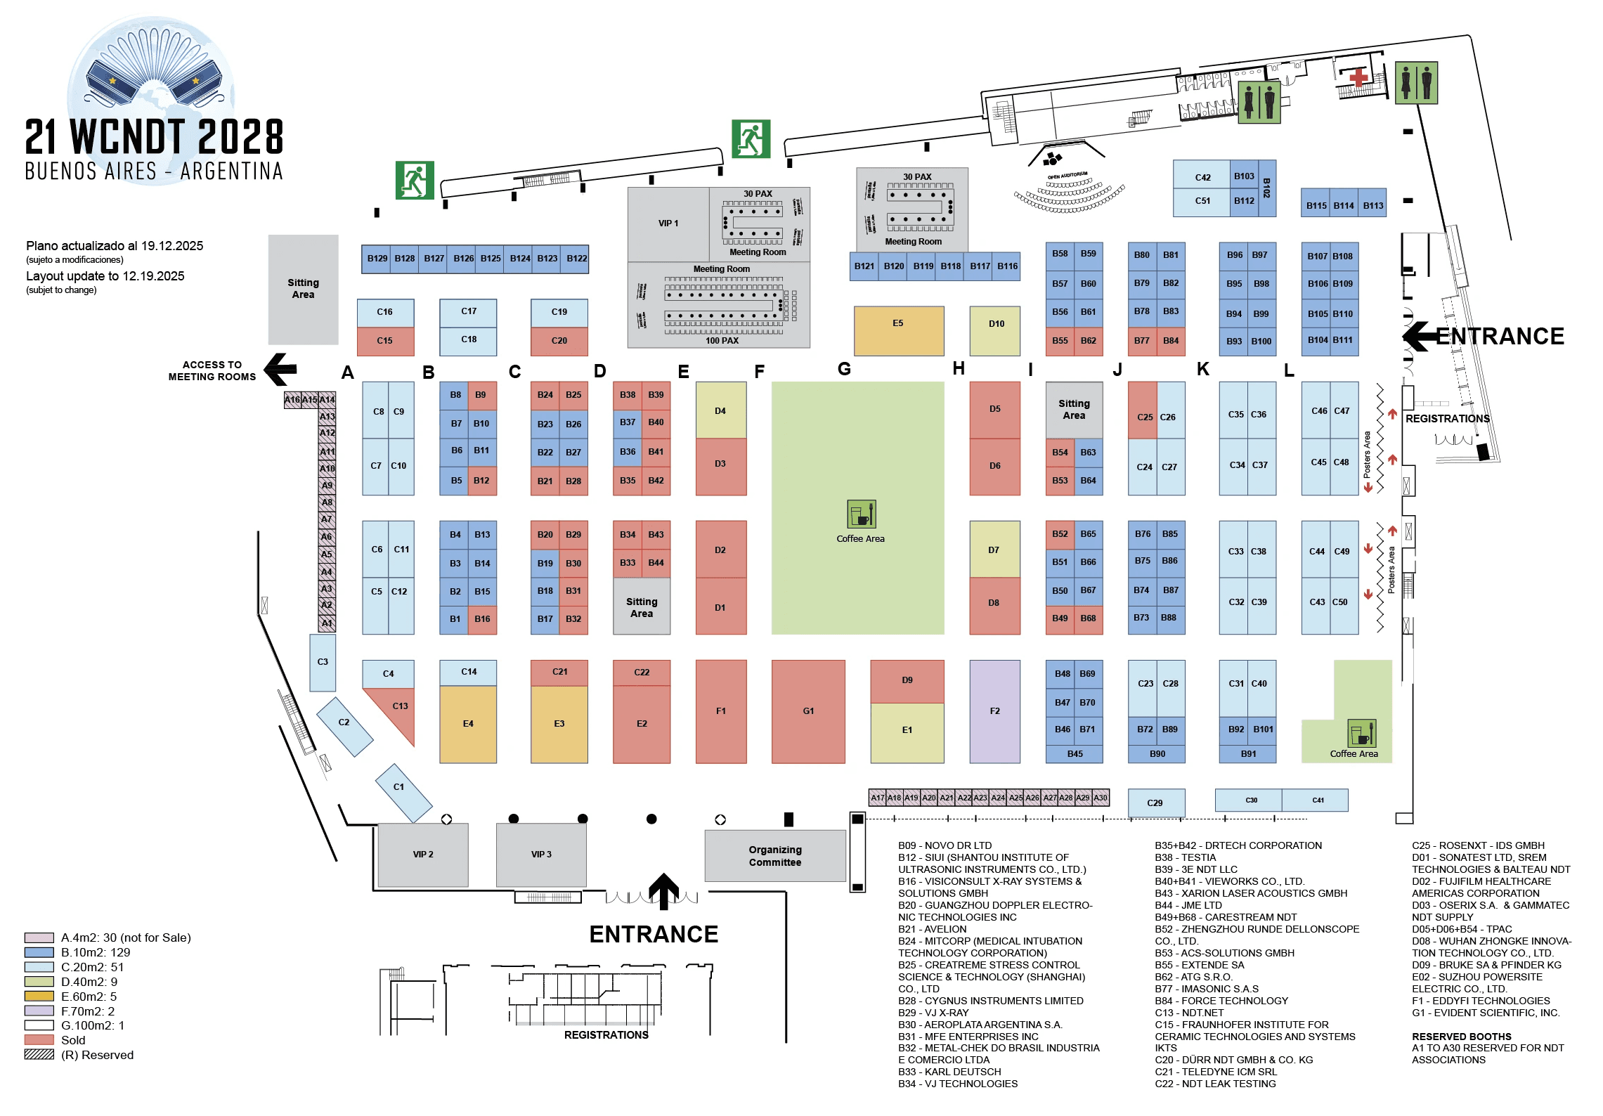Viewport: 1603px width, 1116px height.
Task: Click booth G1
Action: pos(808,711)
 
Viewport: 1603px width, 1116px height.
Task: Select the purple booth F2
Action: pos(994,711)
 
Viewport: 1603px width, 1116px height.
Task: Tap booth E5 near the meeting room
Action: pos(898,330)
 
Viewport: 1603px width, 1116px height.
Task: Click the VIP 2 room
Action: pos(423,855)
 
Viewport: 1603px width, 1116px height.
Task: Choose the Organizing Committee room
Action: pos(775,856)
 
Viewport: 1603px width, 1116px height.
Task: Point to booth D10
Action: pos(994,330)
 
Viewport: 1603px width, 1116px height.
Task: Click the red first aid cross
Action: pos(1358,77)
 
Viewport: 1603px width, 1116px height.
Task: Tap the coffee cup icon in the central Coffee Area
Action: pos(861,514)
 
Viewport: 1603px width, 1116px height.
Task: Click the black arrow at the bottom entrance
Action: pos(663,891)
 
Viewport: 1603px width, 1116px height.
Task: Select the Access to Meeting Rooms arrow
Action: pos(280,369)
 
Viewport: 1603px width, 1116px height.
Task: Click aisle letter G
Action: pos(844,369)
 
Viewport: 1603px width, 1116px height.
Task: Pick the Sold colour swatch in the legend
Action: pos(39,1040)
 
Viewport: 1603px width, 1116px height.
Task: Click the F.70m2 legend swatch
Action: pos(39,1011)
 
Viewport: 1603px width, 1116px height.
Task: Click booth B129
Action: pos(377,259)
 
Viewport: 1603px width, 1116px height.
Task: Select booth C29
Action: pos(1155,803)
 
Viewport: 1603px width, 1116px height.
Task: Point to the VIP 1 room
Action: pos(668,223)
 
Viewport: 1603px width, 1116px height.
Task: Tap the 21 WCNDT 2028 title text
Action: pos(154,137)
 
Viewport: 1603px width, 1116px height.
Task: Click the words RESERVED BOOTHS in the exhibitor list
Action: pos(1461,1037)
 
